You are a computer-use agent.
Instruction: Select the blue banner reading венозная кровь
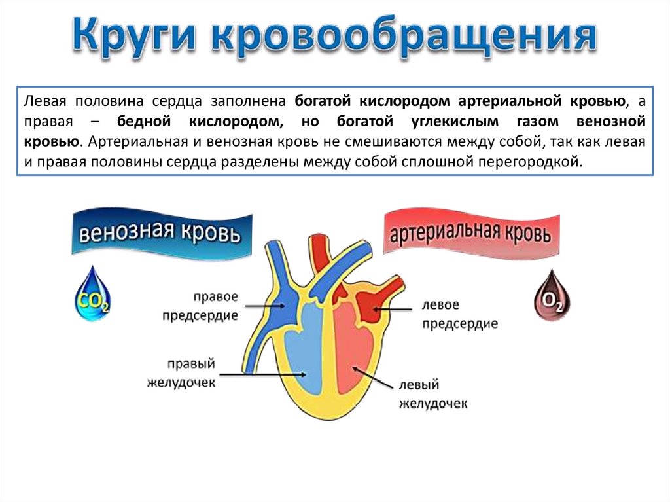pyautogui.click(x=161, y=232)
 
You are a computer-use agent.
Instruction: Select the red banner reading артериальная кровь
pyautogui.click(x=470, y=232)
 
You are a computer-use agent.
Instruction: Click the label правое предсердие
pyautogui.click(x=211, y=306)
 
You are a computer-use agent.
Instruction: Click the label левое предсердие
pyautogui.click(x=459, y=314)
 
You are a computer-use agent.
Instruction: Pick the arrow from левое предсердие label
pyautogui.click(x=392, y=307)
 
